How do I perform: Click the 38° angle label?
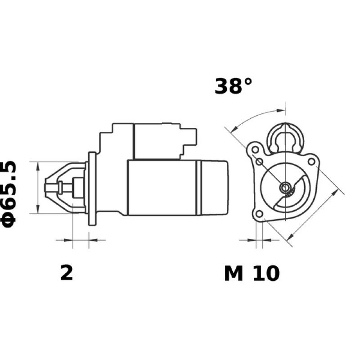click(234, 86)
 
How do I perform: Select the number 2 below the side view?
click(67, 273)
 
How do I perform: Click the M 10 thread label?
click(252, 273)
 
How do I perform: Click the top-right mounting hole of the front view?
click(311, 160)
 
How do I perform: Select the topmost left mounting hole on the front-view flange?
click(255, 148)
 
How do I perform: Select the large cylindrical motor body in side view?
click(162, 187)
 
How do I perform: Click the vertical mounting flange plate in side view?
click(92, 189)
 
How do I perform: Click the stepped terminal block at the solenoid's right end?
click(189, 137)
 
